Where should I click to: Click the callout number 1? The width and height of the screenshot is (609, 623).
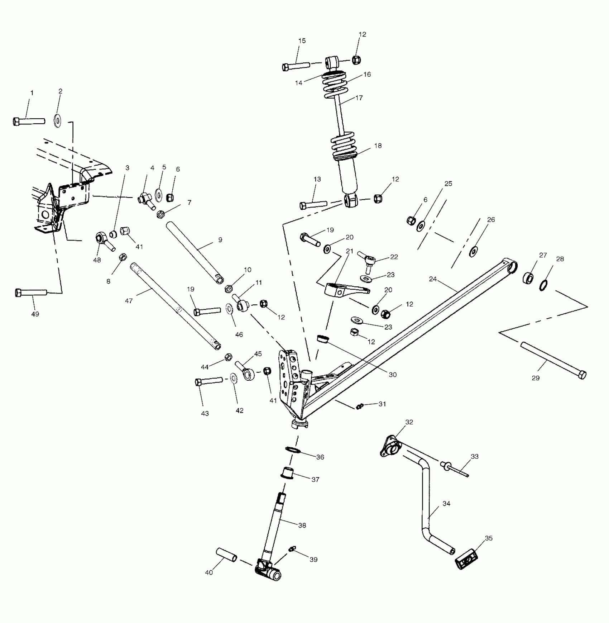pyautogui.click(x=32, y=93)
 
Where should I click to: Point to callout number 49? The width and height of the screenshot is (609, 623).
pyautogui.click(x=35, y=314)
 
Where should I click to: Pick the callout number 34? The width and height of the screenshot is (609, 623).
pyautogui.click(x=446, y=504)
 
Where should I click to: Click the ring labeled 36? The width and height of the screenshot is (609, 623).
pyautogui.click(x=293, y=450)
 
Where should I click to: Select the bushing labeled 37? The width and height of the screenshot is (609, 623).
pyautogui.click(x=287, y=473)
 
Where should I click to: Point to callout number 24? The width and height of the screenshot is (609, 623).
pyautogui.click(x=433, y=279)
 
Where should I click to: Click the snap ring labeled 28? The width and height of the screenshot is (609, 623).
pyautogui.click(x=543, y=285)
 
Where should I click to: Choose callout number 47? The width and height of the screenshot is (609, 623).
pyautogui.click(x=129, y=301)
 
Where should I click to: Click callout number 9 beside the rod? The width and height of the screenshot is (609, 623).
pyautogui.click(x=220, y=240)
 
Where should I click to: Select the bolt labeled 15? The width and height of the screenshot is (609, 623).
pyautogui.click(x=296, y=66)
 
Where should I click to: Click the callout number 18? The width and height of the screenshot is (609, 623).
pyautogui.click(x=378, y=146)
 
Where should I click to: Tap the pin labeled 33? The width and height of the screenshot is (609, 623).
pyautogui.click(x=456, y=469)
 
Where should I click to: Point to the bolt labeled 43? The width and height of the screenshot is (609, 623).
pyautogui.click(x=209, y=381)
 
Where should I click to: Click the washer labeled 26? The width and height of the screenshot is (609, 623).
pyautogui.click(x=474, y=251)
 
